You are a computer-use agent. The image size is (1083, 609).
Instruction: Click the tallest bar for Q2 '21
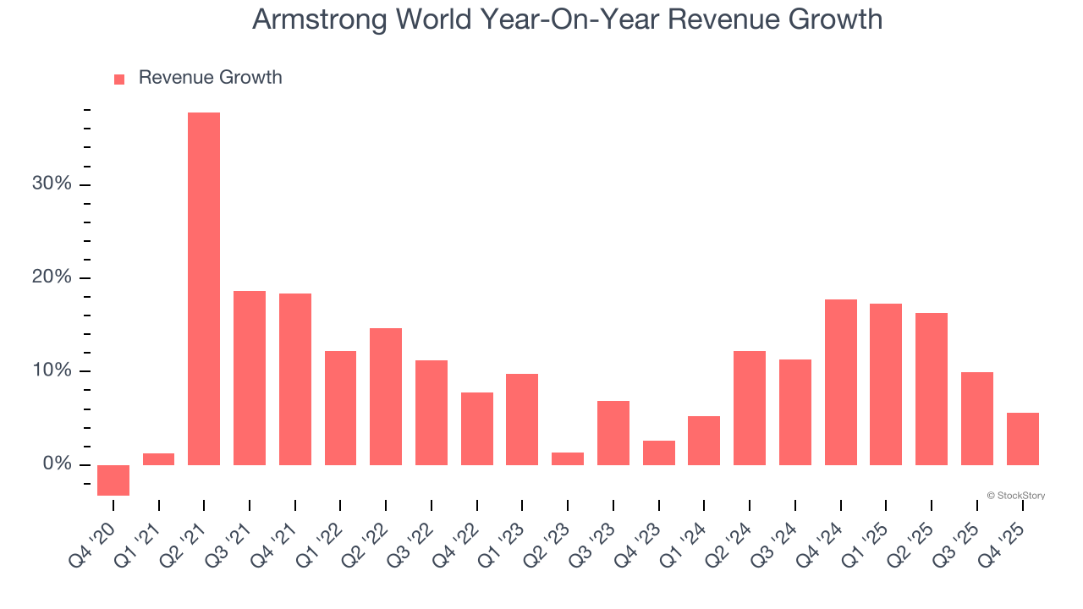click(204, 288)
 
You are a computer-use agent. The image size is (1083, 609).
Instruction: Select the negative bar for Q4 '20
click(113, 480)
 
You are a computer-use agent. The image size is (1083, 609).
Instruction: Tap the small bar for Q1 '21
click(159, 459)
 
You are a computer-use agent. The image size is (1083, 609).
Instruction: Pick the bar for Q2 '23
click(568, 458)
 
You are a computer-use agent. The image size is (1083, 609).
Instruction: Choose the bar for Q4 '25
click(1023, 439)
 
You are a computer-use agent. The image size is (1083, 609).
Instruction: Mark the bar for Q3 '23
click(613, 433)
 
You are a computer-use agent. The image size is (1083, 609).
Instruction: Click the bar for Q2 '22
click(386, 397)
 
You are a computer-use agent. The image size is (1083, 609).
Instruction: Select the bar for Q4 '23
click(659, 453)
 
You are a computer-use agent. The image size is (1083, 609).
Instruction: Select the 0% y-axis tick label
click(58, 464)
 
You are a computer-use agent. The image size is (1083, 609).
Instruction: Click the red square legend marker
click(119, 79)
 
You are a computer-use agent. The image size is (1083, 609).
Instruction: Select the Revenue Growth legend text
click(210, 78)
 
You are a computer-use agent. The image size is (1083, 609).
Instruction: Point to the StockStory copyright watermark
click(1015, 496)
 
